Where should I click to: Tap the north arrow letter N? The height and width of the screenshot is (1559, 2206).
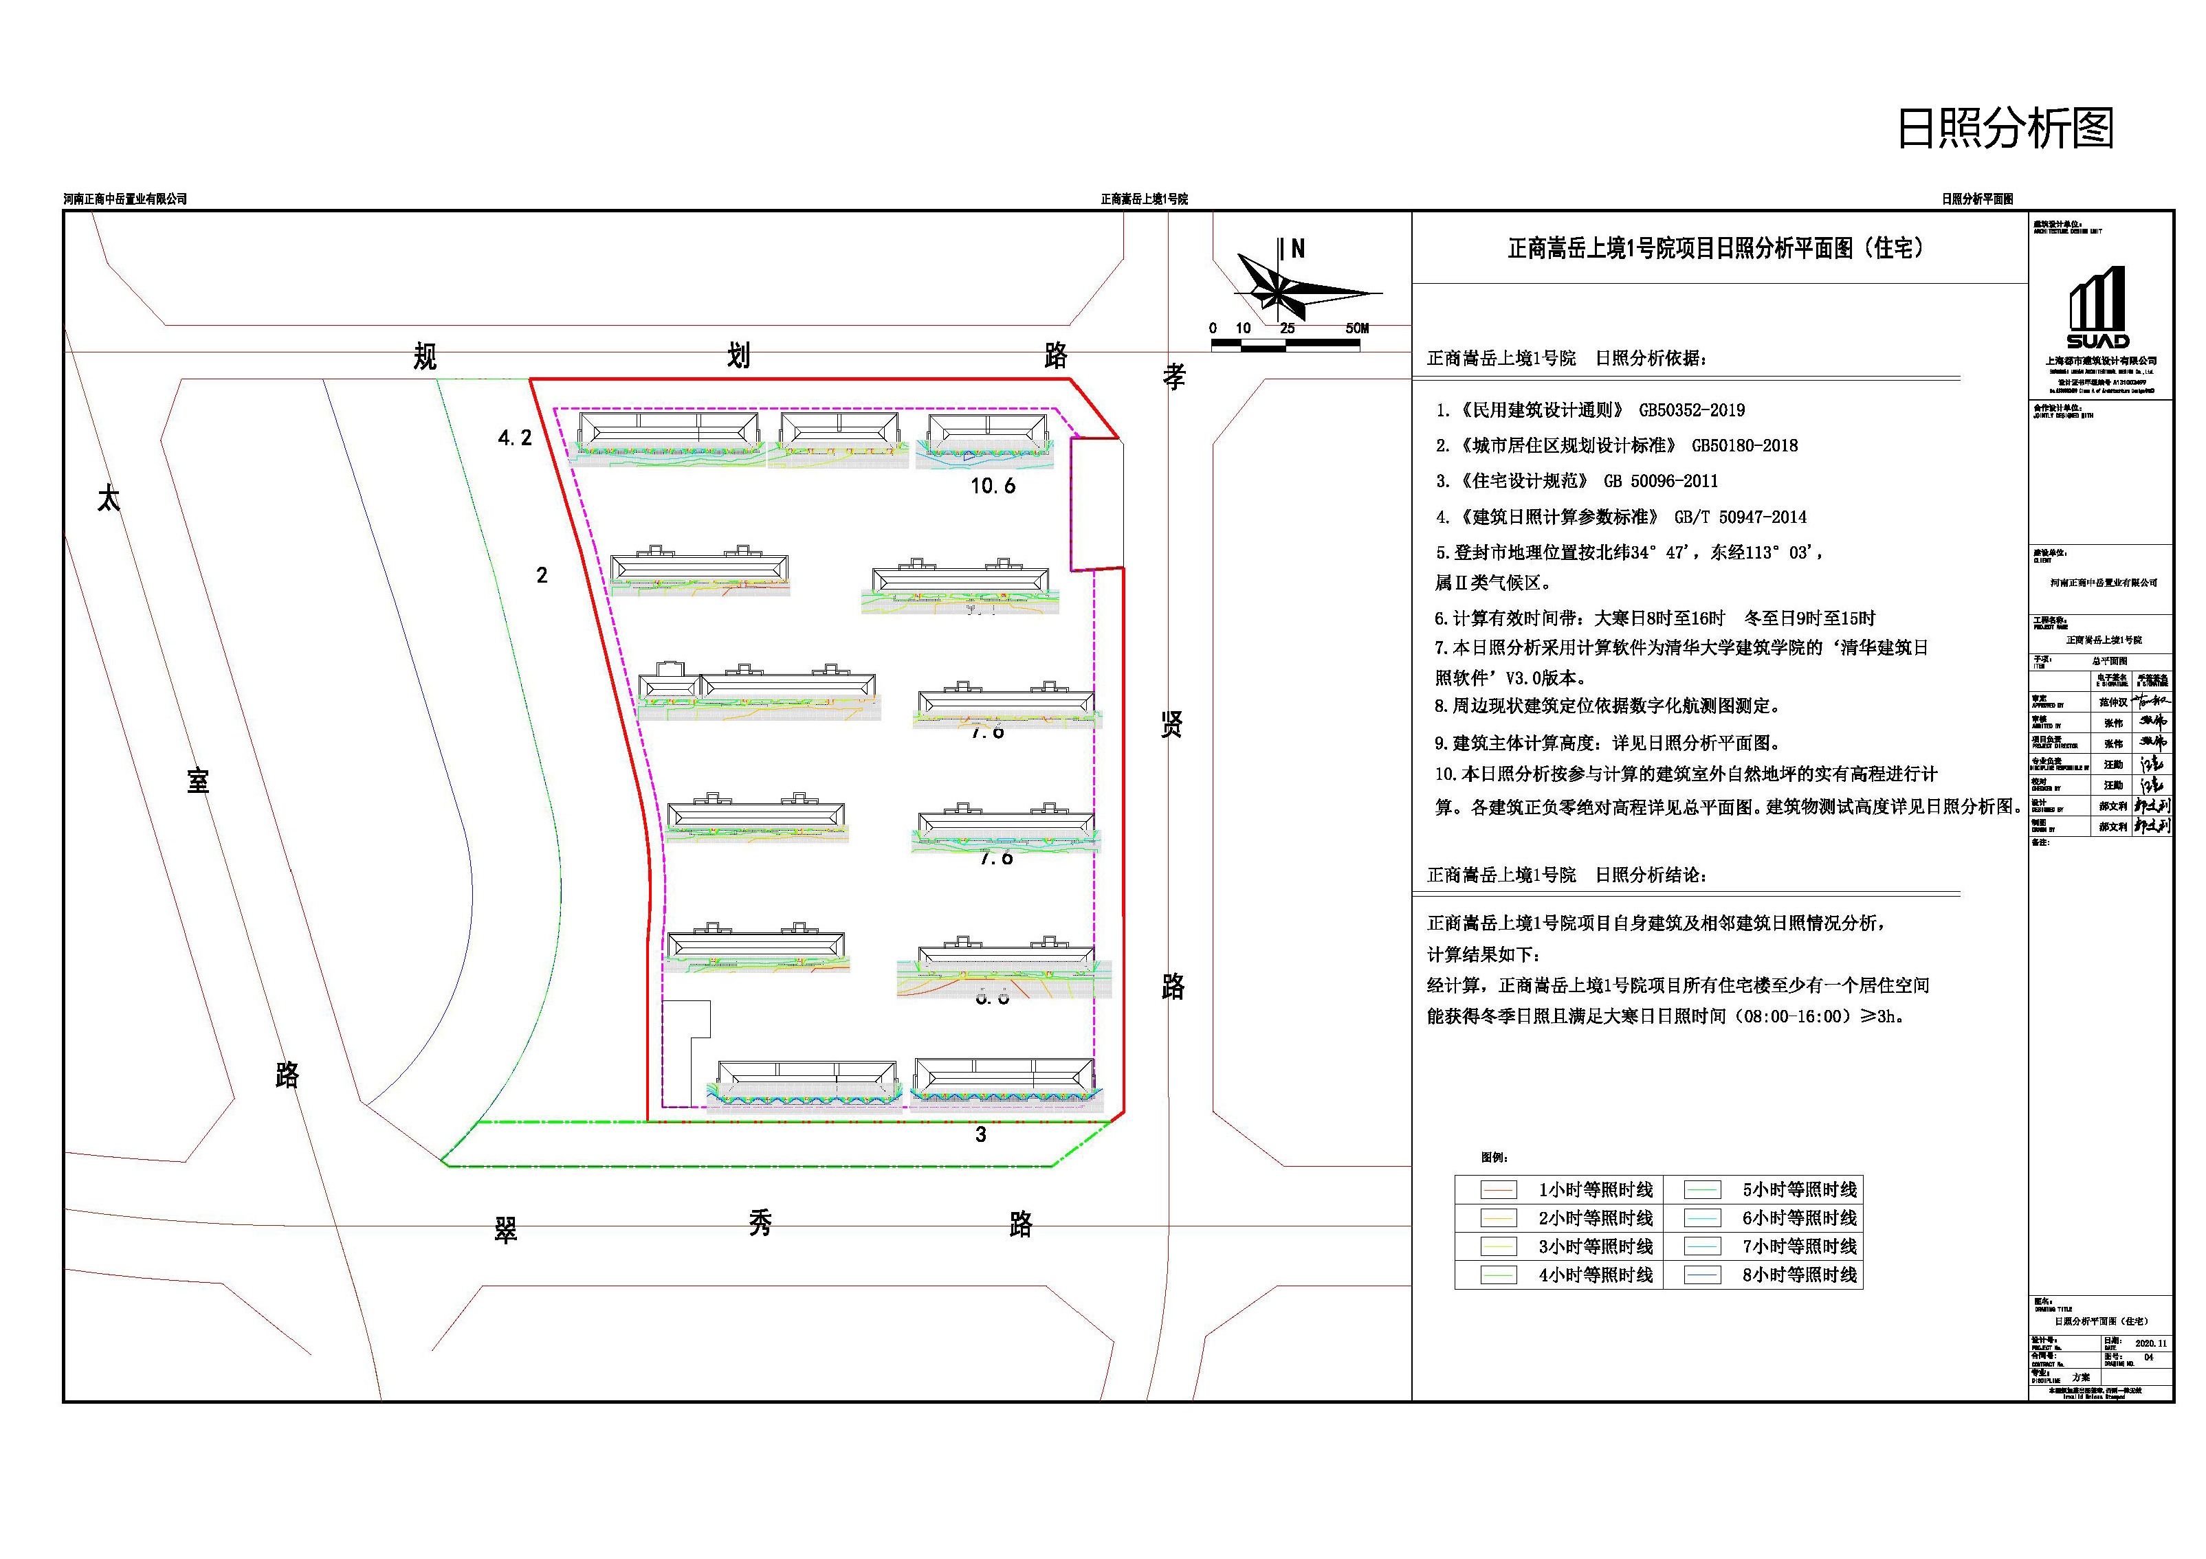pyautogui.click(x=1298, y=249)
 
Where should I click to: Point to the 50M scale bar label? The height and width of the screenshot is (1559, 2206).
pyautogui.click(x=1356, y=328)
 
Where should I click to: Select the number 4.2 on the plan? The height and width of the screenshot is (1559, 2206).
pyautogui.click(x=515, y=438)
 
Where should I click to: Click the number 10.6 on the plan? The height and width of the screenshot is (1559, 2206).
pyautogui.click(x=993, y=486)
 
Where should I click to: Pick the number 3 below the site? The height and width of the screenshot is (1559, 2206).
pyautogui.click(x=980, y=1134)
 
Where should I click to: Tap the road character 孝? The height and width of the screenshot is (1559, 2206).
pyautogui.click(x=1173, y=377)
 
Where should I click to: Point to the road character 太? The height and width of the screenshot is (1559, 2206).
pyautogui.click(x=109, y=499)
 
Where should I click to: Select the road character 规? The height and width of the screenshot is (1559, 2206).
pyautogui.click(x=425, y=357)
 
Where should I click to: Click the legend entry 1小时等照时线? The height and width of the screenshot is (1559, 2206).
pyautogui.click(x=1595, y=1190)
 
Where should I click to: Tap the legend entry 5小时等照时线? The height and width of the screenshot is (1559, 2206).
pyautogui.click(x=1798, y=1190)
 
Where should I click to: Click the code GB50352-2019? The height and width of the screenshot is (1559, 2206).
pyautogui.click(x=1691, y=410)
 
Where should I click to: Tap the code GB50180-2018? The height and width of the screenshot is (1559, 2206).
pyautogui.click(x=1744, y=446)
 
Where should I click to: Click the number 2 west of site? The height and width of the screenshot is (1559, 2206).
pyautogui.click(x=542, y=575)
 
